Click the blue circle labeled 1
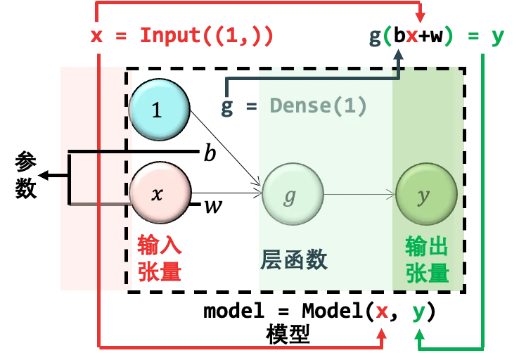[x=159, y=110]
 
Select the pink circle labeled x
[x=159, y=193]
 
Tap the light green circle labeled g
[x=292, y=194]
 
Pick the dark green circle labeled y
[x=425, y=194]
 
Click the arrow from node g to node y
[x=359, y=194]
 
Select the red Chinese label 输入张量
[x=160, y=259]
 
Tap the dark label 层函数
[x=294, y=260]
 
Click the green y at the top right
[x=497, y=35]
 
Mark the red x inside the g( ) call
[x=414, y=35]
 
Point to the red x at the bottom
[x=381, y=311]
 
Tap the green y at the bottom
[x=419, y=311]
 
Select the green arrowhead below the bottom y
[x=420, y=337]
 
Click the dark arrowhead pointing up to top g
[x=399, y=54]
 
